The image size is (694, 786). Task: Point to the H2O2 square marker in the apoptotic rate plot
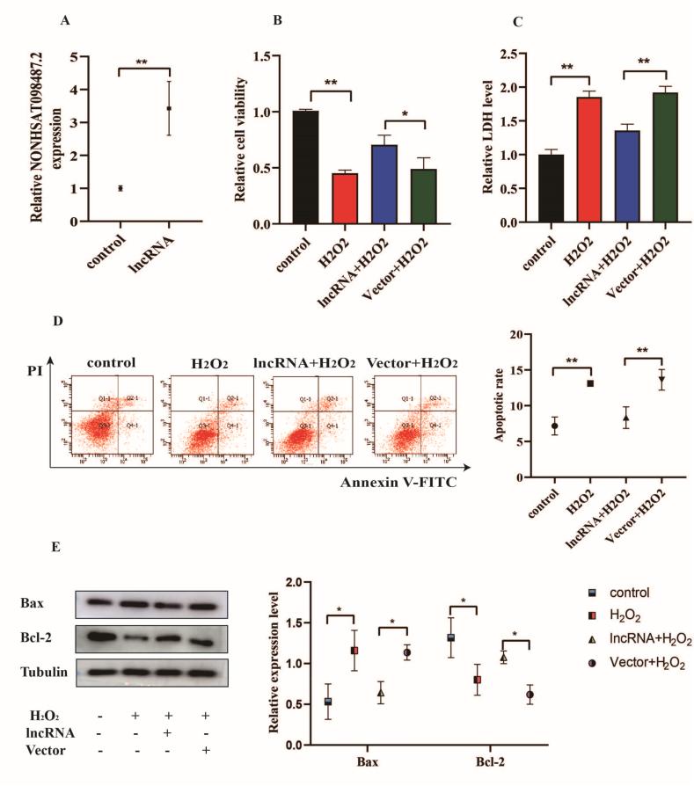coord(589,383)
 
